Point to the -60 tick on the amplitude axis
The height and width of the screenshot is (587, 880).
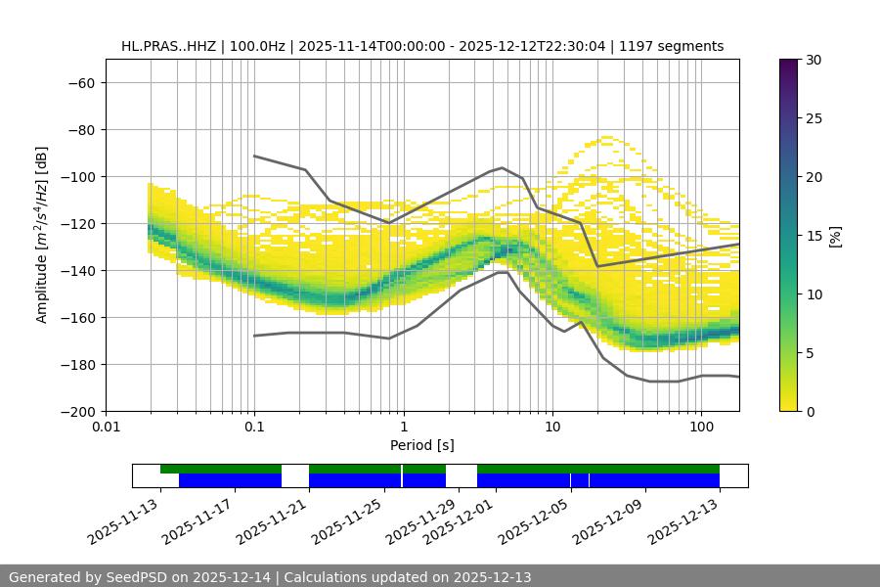(x=79, y=82)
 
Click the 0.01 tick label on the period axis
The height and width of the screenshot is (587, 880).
(x=106, y=428)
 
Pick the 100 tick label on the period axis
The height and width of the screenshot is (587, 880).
(x=701, y=428)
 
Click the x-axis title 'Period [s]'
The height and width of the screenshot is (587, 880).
(x=421, y=445)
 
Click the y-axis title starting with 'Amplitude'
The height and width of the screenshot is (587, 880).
(x=42, y=235)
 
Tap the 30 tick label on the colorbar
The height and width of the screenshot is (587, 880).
(x=812, y=60)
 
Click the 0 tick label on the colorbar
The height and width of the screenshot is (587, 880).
(x=808, y=411)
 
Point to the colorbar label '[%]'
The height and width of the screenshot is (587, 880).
(x=836, y=236)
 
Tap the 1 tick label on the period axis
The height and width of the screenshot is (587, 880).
(x=403, y=428)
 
